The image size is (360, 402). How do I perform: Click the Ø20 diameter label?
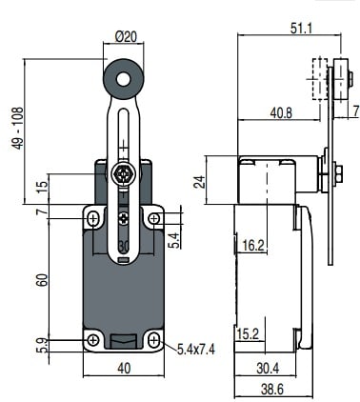tap(126, 37)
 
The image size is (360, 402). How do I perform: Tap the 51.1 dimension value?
tap(301, 29)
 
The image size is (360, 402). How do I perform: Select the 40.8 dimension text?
tap(281, 113)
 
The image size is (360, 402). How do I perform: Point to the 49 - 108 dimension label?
tap(18, 129)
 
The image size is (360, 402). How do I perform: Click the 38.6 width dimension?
tap(271, 390)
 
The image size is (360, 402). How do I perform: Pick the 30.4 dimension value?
tap(268, 369)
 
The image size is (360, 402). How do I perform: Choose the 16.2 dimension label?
tap(253, 245)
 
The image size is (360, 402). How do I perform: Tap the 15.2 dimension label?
tap(248, 334)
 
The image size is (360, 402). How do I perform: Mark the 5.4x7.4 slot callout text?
tap(196, 350)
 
